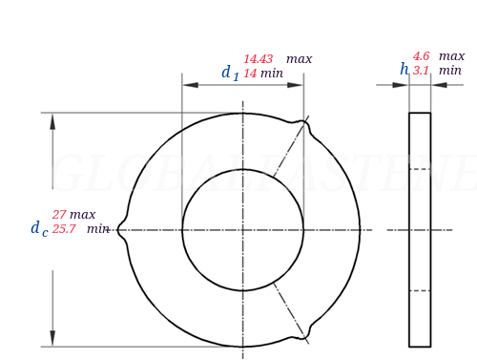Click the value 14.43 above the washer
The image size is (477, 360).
pyautogui.click(x=259, y=59)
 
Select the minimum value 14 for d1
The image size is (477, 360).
pyautogui.click(x=250, y=74)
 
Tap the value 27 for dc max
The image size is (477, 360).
pyautogui.click(x=59, y=215)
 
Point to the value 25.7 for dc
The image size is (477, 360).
pyautogui.click(x=64, y=229)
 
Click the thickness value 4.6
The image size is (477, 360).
pyautogui.click(x=422, y=56)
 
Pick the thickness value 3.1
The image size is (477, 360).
pyautogui.click(x=421, y=71)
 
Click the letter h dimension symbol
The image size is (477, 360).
pyautogui.click(x=404, y=69)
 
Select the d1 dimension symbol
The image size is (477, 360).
pyautogui.click(x=230, y=73)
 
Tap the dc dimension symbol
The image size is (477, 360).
pyautogui.click(x=38, y=228)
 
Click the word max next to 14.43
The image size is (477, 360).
pyautogui.click(x=299, y=59)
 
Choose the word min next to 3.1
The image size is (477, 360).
pyautogui.click(x=450, y=71)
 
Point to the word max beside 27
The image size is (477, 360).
pyautogui.click(x=82, y=215)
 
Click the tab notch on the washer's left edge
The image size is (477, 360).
pyautogui.click(x=121, y=230)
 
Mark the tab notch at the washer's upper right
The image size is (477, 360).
pyautogui.click(x=306, y=123)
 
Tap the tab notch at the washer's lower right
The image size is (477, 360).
pyautogui.click(x=307, y=334)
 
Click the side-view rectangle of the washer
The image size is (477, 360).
pyautogui.click(x=420, y=229)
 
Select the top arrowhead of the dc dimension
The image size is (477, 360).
pyautogui.click(x=52, y=121)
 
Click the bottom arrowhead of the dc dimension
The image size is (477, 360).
pyautogui.click(x=52, y=338)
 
